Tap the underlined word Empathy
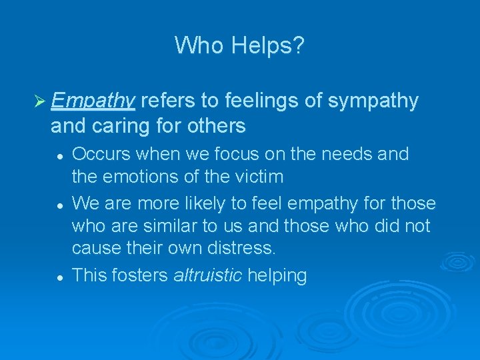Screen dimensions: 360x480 pos(93,101)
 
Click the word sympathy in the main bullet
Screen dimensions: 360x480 pos(374,101)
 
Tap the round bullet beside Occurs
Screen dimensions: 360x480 pos(60,155)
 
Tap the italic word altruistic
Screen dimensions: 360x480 pos(207,275)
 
